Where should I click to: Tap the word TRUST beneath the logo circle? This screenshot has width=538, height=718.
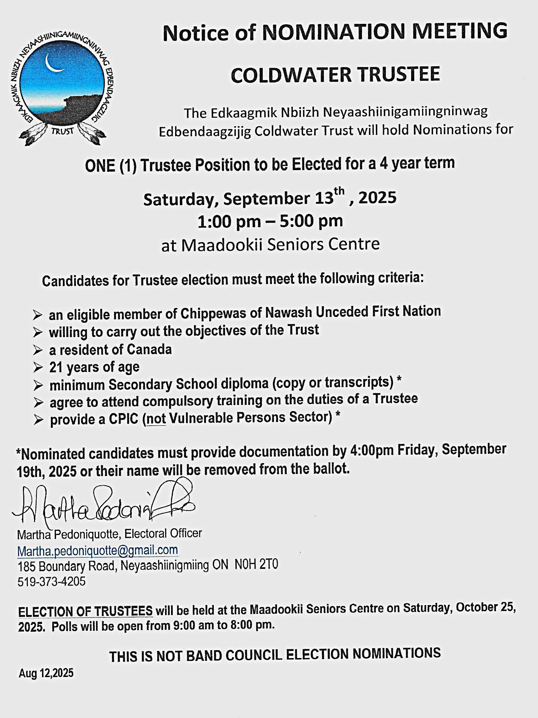63,131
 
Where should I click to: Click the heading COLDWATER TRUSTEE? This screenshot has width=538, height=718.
335,75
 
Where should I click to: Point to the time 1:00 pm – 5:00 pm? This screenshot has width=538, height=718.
270,221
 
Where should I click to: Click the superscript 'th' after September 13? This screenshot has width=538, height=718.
340,192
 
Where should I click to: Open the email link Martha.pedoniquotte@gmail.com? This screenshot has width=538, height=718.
97,550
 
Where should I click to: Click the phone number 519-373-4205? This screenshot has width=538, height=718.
52,581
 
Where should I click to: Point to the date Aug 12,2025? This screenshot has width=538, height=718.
46,674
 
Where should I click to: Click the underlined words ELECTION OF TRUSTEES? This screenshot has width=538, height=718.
85,611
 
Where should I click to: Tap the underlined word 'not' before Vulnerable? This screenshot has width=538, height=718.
156,419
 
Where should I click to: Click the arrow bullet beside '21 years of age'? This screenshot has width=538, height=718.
38,368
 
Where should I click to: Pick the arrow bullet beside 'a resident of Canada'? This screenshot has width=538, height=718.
38,350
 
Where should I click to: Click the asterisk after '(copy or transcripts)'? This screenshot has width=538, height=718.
398,380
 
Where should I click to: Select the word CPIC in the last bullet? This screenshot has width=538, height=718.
123,419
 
